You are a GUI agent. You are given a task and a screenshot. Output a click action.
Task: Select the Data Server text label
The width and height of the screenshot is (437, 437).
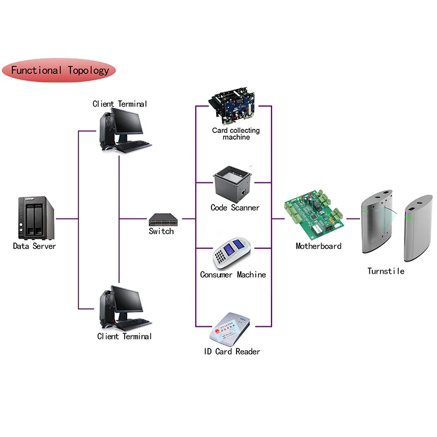[34, 246]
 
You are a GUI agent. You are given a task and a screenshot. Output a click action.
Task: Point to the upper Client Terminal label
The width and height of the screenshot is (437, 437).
[120, 104]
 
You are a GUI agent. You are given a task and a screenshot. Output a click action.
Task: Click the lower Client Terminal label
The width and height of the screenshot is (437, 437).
[124, 336]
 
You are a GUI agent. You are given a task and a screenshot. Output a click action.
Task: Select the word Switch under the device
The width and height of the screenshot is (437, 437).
[161, 231]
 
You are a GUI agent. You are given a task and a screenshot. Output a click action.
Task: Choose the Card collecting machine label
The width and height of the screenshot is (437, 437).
[235, 133]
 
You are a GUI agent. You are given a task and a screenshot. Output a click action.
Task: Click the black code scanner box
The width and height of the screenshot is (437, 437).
[233, 185]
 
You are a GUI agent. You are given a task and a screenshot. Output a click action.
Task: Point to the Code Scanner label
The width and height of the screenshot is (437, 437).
[235, 208]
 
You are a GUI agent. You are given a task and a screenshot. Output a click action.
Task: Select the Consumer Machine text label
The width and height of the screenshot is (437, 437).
[233, 274]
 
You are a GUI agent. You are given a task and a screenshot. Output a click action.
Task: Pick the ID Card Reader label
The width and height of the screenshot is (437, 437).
[232, 351]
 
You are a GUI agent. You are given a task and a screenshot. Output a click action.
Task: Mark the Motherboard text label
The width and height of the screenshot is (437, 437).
[318, 246]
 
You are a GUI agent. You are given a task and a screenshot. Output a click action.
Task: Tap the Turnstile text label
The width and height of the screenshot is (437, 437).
[386, 271]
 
